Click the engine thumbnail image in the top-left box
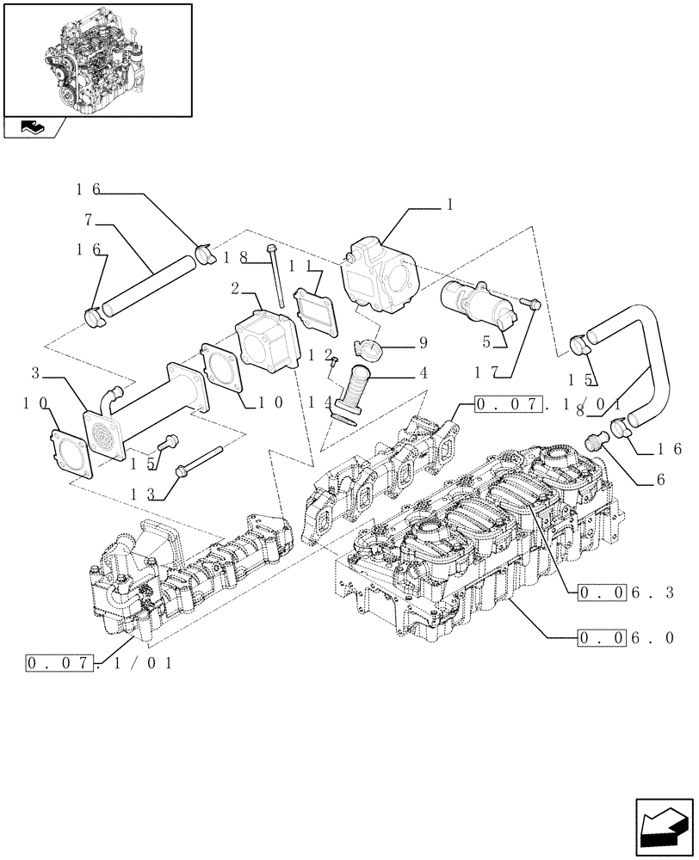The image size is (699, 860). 96,58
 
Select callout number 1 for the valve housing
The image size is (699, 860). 449,206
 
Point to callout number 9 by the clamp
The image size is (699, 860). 423,342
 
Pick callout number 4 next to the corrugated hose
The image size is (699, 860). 423,375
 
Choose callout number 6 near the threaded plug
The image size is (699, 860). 659,480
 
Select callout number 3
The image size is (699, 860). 35,373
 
